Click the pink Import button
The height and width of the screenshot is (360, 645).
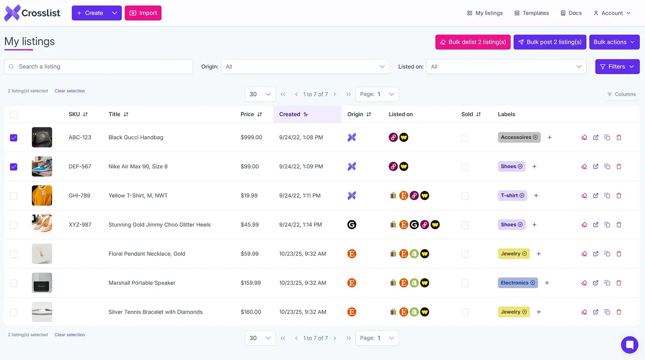click(x=143, y=13)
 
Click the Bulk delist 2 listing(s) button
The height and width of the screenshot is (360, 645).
click(x=473, y=42)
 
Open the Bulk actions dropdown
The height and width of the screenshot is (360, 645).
click(x=614, y=42)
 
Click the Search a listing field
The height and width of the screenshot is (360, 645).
click(x=98, y=67)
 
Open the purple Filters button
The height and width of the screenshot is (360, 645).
click(x=617, y=67)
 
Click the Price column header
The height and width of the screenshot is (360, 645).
click(x=248, y=114)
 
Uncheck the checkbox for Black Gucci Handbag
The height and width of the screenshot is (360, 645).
click(x=14, y=138)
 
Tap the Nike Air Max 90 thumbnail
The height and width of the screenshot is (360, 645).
click(x=42, y=166)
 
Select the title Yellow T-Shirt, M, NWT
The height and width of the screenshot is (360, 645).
click(x=138, y=196)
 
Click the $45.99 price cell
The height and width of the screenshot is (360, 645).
click(x=250, y=225)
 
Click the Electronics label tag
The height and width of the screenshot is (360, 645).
click(x=514, y=283)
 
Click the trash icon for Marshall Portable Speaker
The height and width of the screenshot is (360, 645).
click(x=619, y=283)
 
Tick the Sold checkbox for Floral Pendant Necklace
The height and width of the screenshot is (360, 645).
click(x=465, y=254)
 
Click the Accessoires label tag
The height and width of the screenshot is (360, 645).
click(x=516, y=137)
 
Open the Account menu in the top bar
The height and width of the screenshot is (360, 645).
click(x=612, y=13)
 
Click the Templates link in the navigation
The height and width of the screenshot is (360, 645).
click(x=532, y=13)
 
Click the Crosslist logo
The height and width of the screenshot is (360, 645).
click(x=32, y=13)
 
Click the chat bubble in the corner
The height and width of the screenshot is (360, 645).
click(x=629, y=345)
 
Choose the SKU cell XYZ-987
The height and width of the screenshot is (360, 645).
click(x=80, y=225)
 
